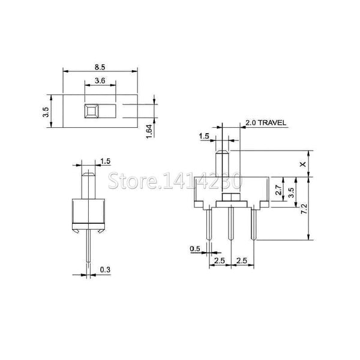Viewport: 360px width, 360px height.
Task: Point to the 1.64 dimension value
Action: pos(151,130)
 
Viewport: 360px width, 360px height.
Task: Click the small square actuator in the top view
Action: pos(91,110)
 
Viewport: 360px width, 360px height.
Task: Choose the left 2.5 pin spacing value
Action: pos(220,260)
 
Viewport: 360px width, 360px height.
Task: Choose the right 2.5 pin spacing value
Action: pos(242,260)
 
